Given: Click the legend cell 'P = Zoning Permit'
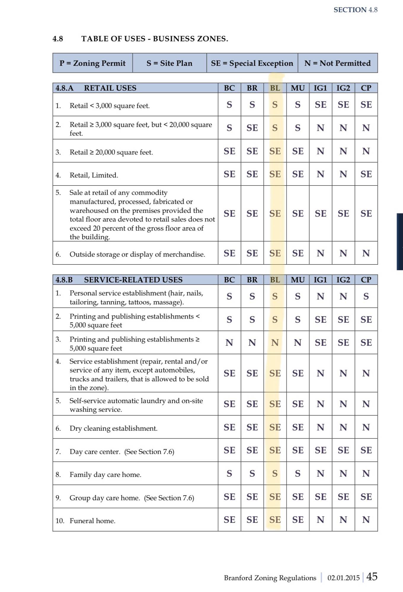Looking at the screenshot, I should click(x=92, y=63).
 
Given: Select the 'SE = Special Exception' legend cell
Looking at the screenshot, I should click(x=252, y=63).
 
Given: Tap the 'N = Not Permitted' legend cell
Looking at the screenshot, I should click(x=337, y=63).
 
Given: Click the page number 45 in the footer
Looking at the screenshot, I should click(x=372, y=576).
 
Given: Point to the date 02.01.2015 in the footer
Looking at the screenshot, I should click(x=343, y=577).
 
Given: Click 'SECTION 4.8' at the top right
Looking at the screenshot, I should click(x=355, y=10).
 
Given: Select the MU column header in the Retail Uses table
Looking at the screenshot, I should click(x=298, y=88).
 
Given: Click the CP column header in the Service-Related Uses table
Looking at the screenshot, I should click(x=366, y=280).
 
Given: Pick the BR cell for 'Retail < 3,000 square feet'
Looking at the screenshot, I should click(x=252, y=104).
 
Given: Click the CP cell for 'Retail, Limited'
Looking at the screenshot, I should click(x=366, y=174).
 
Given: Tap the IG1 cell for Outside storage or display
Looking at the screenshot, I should click(x=320, y=253).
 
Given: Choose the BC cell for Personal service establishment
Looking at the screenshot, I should click(x=229, y=296).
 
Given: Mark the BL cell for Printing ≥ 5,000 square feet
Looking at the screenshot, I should click(x=275, y=342).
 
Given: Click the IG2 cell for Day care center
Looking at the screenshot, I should click(x=343, y=450).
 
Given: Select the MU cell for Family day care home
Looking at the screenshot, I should click(x=298, y=473).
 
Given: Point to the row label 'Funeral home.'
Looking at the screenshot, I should click(x=92, y=521).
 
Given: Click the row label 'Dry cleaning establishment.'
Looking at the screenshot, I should click(x=113, y=428).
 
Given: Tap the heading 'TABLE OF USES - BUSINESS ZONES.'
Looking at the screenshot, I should click(x=155, y=39).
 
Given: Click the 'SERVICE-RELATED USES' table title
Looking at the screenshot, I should click(x=133, y=280).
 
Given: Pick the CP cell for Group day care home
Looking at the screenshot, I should click(x=366, y=497).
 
